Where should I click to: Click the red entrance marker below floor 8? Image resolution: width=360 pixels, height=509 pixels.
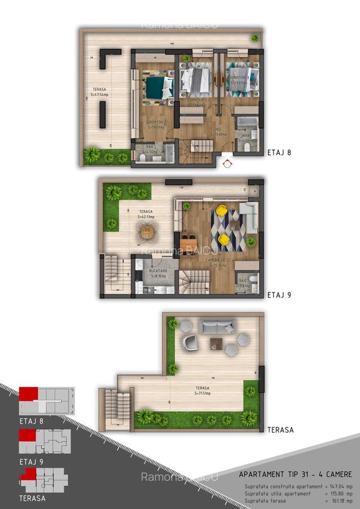pyautogui.click(x=227, y=164)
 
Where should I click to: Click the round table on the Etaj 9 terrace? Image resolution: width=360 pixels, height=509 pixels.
pyautogui.click(x=147, y=231)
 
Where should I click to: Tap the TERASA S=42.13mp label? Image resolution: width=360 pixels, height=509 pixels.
pyautogui.click(x=146, y=213)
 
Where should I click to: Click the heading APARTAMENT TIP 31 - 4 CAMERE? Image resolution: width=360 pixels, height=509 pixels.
pyautogui.click(x=295, y=475)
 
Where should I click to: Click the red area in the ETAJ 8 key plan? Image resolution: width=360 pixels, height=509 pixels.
pyautogui.click(x=28, y=394)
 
